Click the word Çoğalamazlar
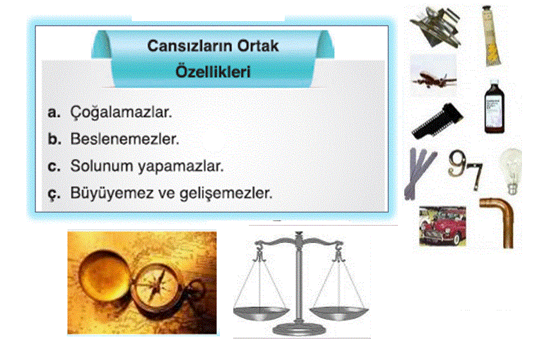pyautogui.click(x=121, y=113)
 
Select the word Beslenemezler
pyautogui.click(x=125, y=139)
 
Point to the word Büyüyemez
pyautogui.click(x=112, y=194)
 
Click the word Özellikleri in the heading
pyautogui.click(x=213, y=72)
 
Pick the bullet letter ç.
pyautogui.click(x=54, y=194)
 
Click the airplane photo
pyautogui.click(x=434, y=75)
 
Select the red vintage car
pyautogui.click(x=443, y=226)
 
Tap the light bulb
pyautogui.click(x=512, y=170)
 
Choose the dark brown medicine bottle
pyautogui.click(x=494, y=107)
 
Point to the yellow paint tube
pyautogui.click(x=491, y=36)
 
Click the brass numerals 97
pyautogui.click(x=465, y=169)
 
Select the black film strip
pyautogui.click(x=438, y=121)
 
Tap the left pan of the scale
pyautogui.click(x=260, y=313)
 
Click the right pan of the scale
pyautogui.click(x=339, y=314)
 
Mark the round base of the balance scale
pyautogui.click(x=299, y=329)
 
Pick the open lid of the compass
pyautogui.click(x=103, y=276)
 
